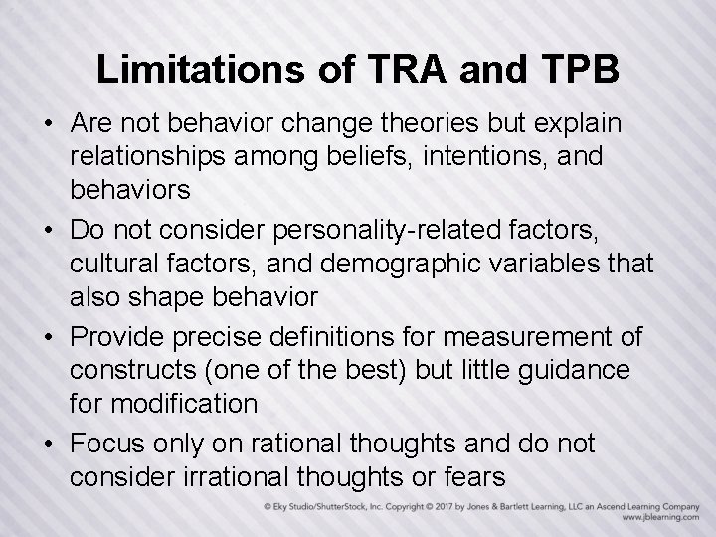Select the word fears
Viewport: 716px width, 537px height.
coord(471,476)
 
